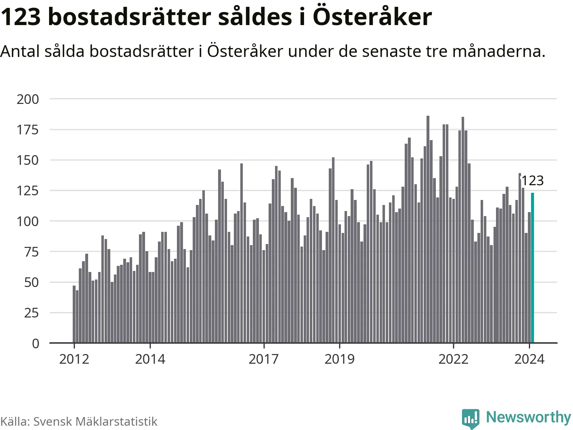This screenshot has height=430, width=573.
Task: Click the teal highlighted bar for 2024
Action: (533, 268)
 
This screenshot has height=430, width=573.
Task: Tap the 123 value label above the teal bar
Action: (532, 181)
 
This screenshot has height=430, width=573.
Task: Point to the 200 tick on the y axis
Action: (28, 99)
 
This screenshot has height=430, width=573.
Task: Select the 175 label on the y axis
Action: (28, 130)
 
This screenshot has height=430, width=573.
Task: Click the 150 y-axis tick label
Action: (28, 160)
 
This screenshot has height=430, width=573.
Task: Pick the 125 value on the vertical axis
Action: (28, 191)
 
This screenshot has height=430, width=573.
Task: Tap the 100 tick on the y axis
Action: (28, 221)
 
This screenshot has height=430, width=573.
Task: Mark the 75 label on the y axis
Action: (32, 252)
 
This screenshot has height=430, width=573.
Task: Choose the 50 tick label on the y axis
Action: (32, 282)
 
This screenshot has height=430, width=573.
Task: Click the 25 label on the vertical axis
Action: (32, 313)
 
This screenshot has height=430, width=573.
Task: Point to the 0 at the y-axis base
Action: (35, 344)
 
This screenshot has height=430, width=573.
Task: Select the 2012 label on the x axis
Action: (74, 359)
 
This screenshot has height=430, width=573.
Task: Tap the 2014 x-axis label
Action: (150, 359)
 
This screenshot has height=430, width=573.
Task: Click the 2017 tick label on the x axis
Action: (264, 359)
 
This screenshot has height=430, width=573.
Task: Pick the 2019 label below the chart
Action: (340, 359)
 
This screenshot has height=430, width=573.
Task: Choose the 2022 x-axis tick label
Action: (453, 359)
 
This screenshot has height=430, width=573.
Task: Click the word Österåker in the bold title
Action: (372, 17)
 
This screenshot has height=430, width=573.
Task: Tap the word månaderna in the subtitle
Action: (499, 51)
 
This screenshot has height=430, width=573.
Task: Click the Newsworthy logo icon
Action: (471, 418)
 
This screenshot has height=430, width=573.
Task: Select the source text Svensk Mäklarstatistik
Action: (95, 421)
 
